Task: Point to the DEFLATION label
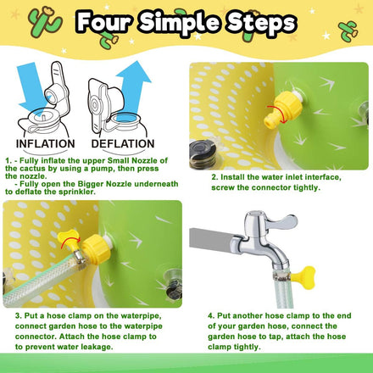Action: point(126,144)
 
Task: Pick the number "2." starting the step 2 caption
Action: point(214,177)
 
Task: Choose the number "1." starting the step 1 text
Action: point(7,158)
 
